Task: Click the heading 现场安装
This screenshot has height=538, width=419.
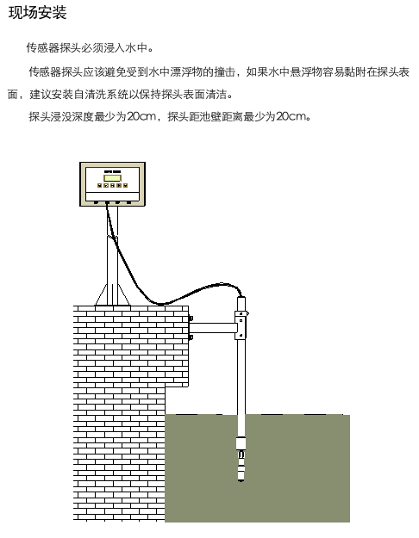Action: point(37,13)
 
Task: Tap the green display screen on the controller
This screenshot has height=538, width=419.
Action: point(112,177)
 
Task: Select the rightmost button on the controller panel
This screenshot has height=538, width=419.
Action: point(126,186)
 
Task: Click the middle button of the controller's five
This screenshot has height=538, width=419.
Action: point(112,186)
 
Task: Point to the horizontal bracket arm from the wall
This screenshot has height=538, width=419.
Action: point(212,328)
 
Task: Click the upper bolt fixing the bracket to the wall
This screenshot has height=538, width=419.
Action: point(191,318)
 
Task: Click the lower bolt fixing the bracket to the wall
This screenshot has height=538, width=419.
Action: point(191,337)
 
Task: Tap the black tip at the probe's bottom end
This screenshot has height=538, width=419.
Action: point(241,480)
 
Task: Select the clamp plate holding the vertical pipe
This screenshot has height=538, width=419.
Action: point(241,325)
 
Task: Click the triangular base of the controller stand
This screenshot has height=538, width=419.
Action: point(112,294)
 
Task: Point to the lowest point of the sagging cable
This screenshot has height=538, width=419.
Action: point(160,304)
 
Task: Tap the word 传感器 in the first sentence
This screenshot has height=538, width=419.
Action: point(43,47)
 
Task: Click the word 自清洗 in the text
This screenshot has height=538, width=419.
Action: point(90,95)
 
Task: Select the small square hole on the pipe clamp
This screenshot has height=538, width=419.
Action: point(241,321)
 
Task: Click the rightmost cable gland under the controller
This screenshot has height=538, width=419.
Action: point(128,202)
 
